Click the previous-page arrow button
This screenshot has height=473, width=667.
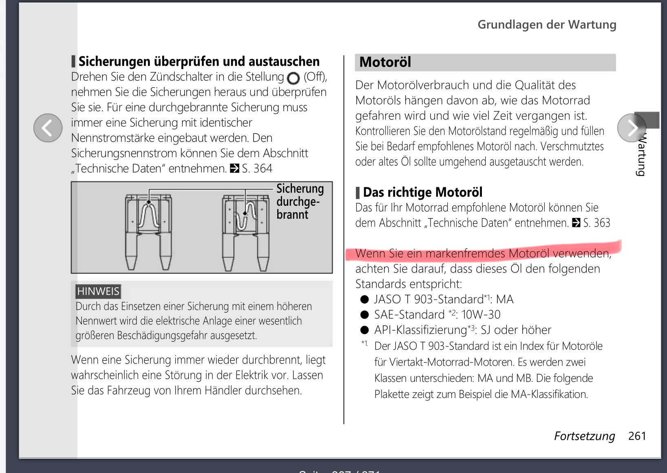[48, 128]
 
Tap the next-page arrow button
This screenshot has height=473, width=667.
[632, 128]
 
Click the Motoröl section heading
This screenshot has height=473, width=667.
[385, 62]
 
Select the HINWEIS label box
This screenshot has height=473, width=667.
[98, 291]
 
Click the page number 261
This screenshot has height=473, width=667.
[637, 436]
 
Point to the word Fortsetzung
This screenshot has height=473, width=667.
[584, 436]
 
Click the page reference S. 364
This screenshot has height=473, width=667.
[257, 169]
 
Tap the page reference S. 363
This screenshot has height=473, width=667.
[596, 223]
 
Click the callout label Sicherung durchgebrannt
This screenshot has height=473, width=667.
[300, 202]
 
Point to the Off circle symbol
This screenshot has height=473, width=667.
[293, 78]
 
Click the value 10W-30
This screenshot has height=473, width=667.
[481, 315]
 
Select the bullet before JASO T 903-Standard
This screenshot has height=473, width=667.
[364, 300]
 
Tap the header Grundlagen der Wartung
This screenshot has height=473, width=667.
[546, 24]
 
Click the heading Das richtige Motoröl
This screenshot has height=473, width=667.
[422, 192]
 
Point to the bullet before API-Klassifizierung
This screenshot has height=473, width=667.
[364, 330]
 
